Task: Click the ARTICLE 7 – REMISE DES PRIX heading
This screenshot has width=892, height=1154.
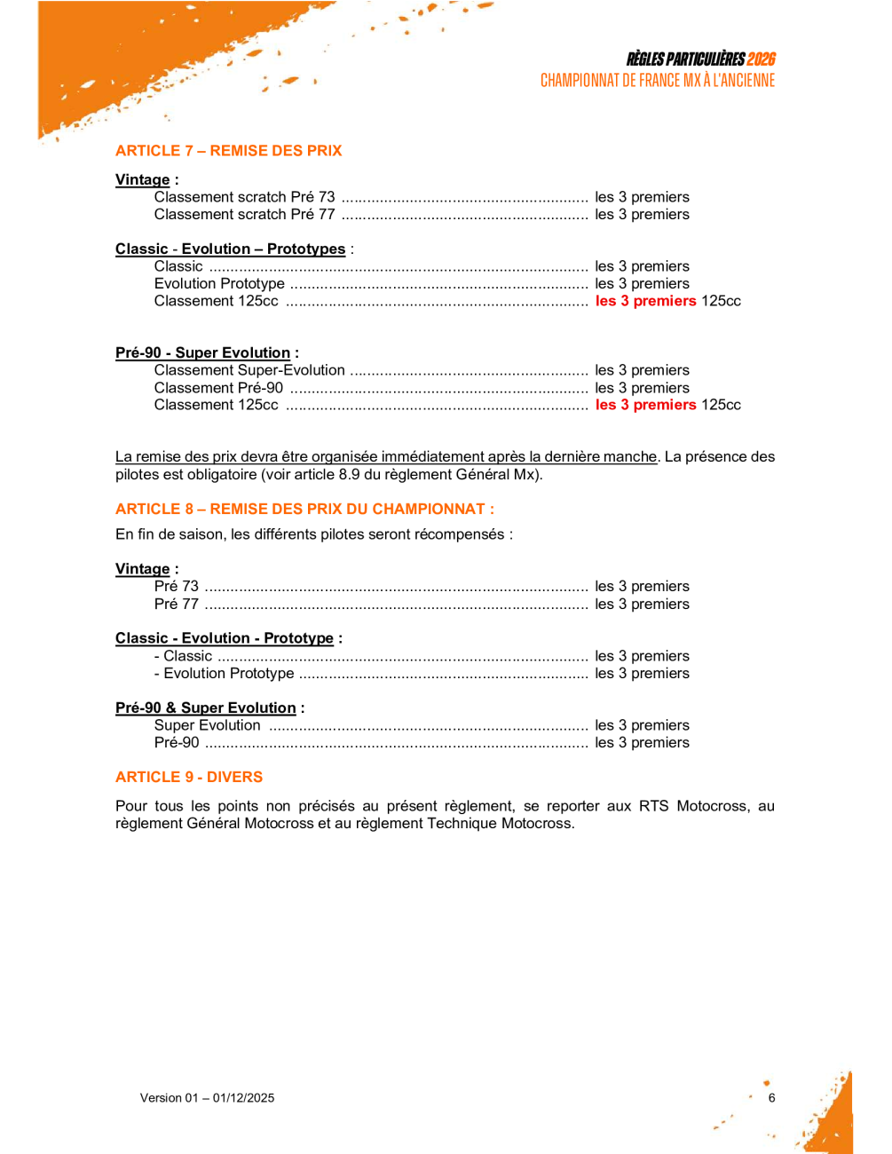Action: click(x=228, y=151)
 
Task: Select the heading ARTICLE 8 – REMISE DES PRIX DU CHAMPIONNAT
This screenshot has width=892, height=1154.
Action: click(x=304, y=510)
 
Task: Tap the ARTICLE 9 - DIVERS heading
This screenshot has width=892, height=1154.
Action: click(x=189, y=778)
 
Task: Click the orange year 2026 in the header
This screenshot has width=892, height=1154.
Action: click(x=761, y=59)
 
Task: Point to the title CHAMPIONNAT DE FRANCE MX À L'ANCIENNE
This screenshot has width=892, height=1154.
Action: click(x=657, y=81)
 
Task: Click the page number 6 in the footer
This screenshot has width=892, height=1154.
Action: click(x=771, y=1098)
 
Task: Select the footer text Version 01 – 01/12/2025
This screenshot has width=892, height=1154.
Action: click(x=207, y=1098)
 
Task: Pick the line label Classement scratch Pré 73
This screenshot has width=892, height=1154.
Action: click(x=244, y=197)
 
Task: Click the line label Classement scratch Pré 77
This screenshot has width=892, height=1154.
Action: click(x=244, y=215)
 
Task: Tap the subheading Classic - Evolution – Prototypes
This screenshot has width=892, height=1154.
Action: click(x=230, y=249)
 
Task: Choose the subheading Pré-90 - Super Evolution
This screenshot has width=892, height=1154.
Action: click(x=202, y=353)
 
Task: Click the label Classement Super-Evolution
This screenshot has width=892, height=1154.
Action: click(x=249, y=370)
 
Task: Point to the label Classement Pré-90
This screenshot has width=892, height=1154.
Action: click(x=218, y=388)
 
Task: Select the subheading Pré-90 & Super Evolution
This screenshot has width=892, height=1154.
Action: click(x=206, y=708)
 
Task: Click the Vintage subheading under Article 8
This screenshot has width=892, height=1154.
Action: click(x=142, y=569)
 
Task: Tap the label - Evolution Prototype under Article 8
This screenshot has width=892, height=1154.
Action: click(x=224, y=674)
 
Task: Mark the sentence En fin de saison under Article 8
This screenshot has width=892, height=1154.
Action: click(x=313, y=534)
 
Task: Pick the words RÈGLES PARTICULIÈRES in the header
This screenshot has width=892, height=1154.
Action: click(x=685, y=59)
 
